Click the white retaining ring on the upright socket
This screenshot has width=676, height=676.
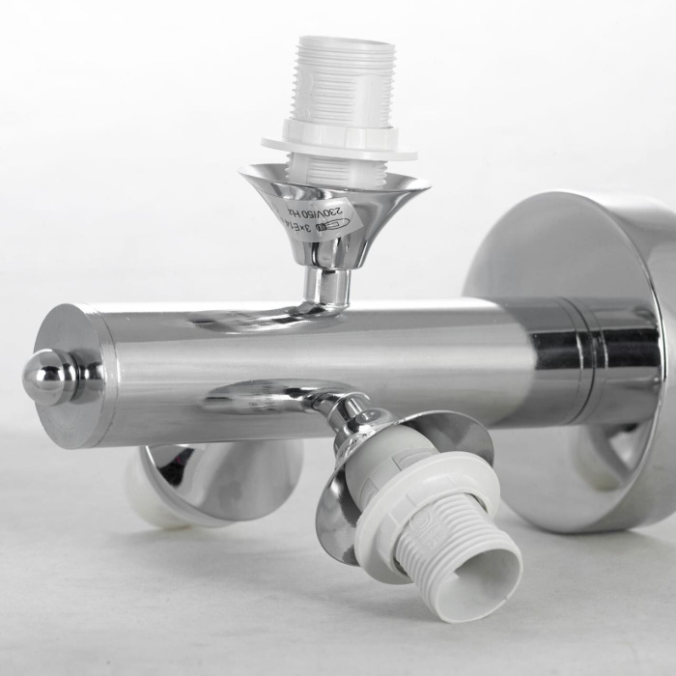[x=337, y=141]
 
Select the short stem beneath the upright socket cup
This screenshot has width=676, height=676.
[x=326, y=286]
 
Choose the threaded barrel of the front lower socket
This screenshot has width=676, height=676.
[x=454, y=550]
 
